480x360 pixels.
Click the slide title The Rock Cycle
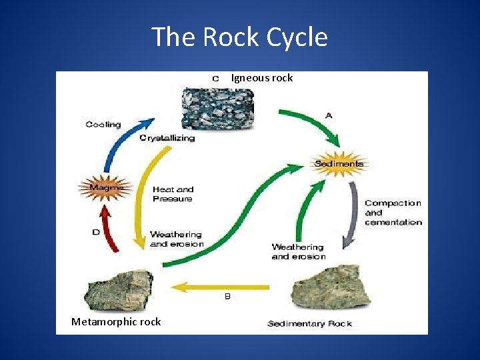[239, 37]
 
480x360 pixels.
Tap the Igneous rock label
[261, 78]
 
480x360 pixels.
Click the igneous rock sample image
[218, 108]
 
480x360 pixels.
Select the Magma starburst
[105, 188]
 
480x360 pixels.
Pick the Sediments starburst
[339, 163]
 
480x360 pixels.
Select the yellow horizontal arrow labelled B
[220, 287]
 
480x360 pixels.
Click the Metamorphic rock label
[116, 322]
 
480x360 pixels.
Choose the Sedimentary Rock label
[309, 324]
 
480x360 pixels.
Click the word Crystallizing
[167, 138]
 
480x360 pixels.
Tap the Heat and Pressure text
[173, 194]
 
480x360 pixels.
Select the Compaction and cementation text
[393, 213]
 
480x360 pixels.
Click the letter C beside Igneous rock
[216, 78]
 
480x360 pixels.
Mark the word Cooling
[103, 125]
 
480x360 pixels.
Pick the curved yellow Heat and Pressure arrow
[142, 200]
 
